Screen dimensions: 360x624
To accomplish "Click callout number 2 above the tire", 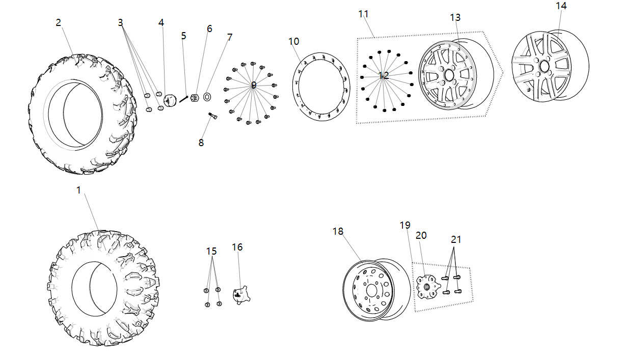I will pos(59,22).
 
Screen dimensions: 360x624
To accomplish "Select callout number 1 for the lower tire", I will pos(78,190).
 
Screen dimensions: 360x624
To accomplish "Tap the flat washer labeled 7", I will pos(207,96).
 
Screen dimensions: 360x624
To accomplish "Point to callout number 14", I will pos(561,6).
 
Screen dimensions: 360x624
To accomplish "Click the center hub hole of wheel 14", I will pos(544,66).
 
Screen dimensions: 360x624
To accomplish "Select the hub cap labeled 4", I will pos(169,100).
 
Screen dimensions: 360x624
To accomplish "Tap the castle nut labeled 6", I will pos(194,98).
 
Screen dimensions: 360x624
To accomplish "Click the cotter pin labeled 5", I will pos(183,99).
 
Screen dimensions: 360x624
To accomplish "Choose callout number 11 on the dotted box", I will pos(363,14).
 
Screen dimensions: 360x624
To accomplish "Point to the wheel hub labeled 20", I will pos(425,286).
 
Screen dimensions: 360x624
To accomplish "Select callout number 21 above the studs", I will pos(455,239).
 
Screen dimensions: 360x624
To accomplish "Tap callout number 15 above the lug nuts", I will pos(211,251).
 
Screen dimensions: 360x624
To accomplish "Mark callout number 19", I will pos(405,225).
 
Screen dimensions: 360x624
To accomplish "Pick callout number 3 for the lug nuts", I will pos(120,22).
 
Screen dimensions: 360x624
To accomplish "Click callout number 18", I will pos(338,231).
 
